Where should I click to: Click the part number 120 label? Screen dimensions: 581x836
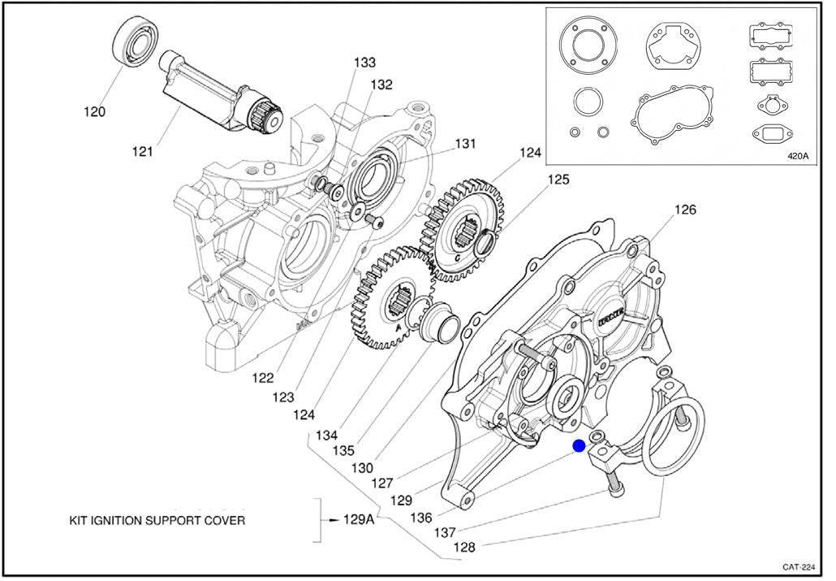click(x=94, y=112)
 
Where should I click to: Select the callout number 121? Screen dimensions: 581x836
click(x=142, y=150)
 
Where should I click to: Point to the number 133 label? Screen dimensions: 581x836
click(x=364, y=63)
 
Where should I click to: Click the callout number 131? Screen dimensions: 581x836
click(x=464, y=144)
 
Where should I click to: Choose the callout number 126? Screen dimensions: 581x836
click(x=685, y=210)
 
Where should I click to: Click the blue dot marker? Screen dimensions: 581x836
click(x=579, y=446)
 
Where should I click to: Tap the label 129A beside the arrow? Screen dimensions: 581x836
click(x=358, y=518)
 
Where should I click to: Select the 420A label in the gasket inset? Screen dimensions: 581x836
click(x=798, y=156)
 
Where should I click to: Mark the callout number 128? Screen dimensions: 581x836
click(x=464, y=547)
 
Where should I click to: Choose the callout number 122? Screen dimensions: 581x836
click(x=262, y=377)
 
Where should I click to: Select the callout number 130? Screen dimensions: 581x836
click(x=362, y=467)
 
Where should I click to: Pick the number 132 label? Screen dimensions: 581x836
click(x=381, y=85)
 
